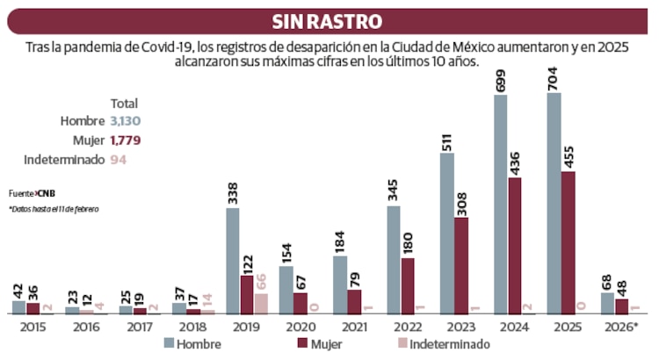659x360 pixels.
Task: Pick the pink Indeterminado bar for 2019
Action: tap(261, 304)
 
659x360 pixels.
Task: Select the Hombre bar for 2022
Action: tap(394, 260)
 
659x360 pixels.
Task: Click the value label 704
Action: tap(554, 76)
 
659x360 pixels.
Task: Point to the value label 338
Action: tap(233, 191)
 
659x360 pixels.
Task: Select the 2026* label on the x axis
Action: tap(621, 326)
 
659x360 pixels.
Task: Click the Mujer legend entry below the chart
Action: tap(322, 343)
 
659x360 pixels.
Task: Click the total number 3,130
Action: tap(127, 120)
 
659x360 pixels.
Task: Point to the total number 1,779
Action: tap(127, 140)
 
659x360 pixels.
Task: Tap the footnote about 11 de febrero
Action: tap(54, 209)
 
